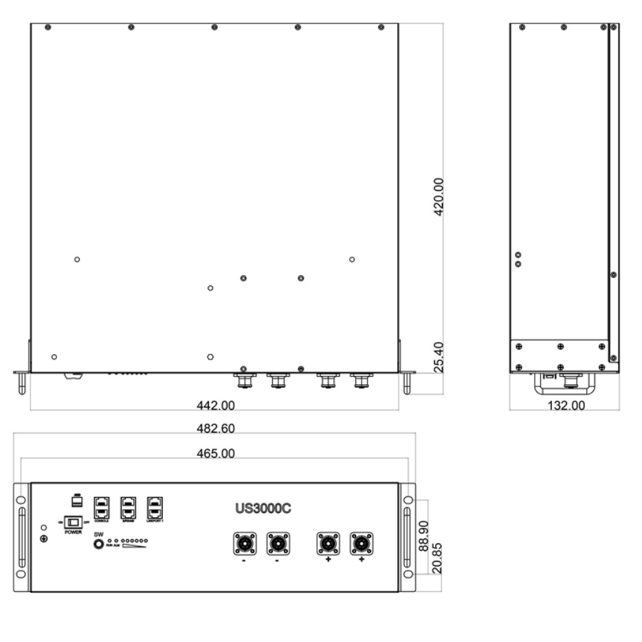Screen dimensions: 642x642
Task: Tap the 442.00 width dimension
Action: pos(215,405)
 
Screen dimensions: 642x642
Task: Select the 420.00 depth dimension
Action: pos(439,197)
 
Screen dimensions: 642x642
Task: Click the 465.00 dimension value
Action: pos(215,454)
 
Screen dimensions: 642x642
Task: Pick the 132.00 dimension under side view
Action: pos(564,406)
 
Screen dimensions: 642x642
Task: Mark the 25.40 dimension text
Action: pos(439,357)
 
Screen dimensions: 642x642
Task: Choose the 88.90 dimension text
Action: pos(425,536)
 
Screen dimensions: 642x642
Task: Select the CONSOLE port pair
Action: pos(101,507)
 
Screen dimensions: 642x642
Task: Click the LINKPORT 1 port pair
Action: pos(155,507)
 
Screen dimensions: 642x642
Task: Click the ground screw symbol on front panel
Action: pos(45,538)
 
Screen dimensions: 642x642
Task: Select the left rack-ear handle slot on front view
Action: pos(22,537)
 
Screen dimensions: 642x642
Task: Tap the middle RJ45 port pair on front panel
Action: pos(129,507)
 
